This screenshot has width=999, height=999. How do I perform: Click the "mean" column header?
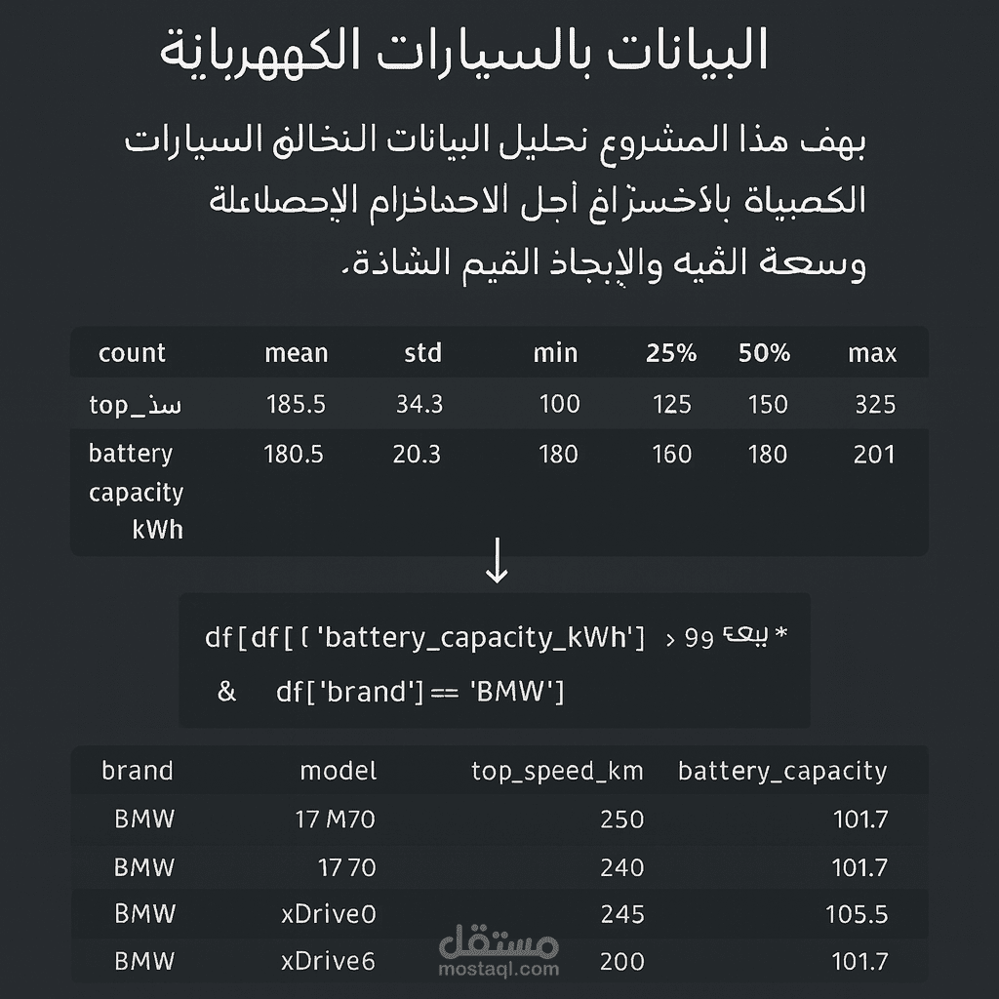(296, 353)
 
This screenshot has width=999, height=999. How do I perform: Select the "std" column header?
(422, 353)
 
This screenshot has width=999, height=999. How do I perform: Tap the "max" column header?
(872, 353)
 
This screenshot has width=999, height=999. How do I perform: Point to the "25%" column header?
(671, 353)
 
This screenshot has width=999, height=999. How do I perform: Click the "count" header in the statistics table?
(132, 353)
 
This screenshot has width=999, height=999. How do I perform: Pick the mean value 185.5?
(296, 404)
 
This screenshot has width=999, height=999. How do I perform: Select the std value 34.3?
(420, 404)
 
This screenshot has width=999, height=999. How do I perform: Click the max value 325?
(874, 404)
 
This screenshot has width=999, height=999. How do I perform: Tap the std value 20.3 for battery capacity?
(417, 454)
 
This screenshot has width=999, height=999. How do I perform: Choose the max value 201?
(873, 454)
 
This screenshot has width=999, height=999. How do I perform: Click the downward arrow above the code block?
(497, 564)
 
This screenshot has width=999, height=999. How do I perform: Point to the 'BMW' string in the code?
(517, 692)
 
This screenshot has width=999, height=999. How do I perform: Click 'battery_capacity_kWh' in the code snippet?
(481, 638)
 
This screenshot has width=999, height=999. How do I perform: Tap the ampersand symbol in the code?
(227, 692)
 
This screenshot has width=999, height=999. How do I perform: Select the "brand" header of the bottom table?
(138, 771)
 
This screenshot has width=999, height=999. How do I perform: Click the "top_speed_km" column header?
(557, 772)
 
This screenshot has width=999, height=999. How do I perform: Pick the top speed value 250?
(622, 819)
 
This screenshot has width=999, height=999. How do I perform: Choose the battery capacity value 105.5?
(859, 914)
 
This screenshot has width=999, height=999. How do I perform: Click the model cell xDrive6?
(328, 961)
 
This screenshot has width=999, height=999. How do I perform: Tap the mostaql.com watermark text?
(500, 969)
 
